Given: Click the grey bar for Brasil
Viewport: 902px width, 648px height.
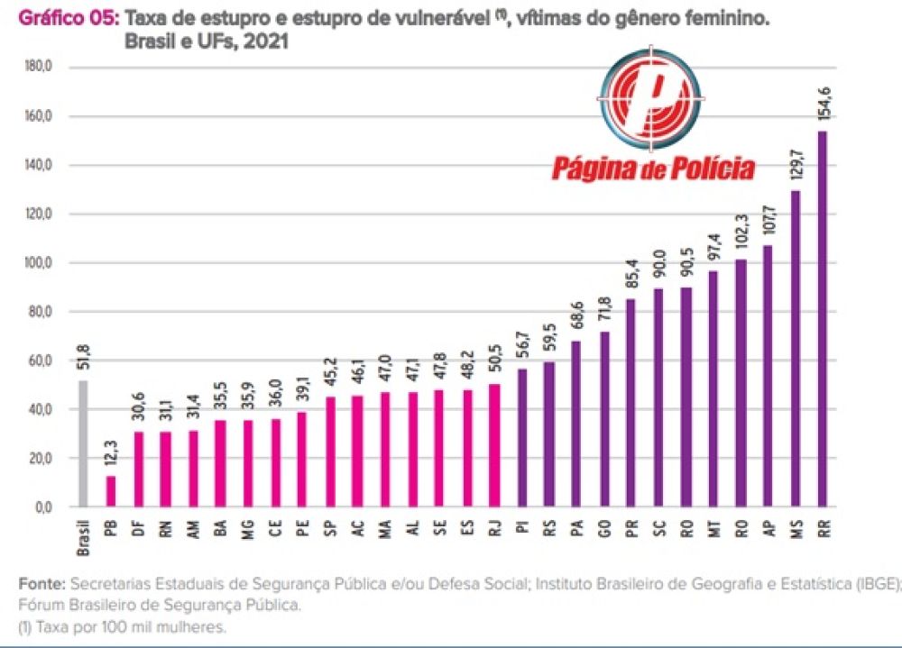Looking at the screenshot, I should click(x=83, y=443).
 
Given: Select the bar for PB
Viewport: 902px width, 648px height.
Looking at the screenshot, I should click(x=110, y=491).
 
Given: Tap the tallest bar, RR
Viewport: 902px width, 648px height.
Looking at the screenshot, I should click(x=822, y=319).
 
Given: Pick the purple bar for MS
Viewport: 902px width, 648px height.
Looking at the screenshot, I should click(x=795, y=349).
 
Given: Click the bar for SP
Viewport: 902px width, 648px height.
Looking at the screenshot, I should click(x=329, y=452).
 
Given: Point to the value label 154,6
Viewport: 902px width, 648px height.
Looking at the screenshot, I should click(x=824, y=107).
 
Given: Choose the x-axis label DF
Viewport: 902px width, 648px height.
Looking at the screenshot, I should click(x=138, y=528).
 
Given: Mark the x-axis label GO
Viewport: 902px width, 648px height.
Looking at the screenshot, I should click(x=603, y=528).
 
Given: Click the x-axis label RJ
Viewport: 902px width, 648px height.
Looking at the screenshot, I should click(x=493, y=528).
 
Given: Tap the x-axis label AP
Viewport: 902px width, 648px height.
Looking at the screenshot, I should click(x=768, y=528).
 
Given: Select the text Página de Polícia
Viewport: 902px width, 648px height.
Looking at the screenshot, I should click(x=653, y=168).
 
